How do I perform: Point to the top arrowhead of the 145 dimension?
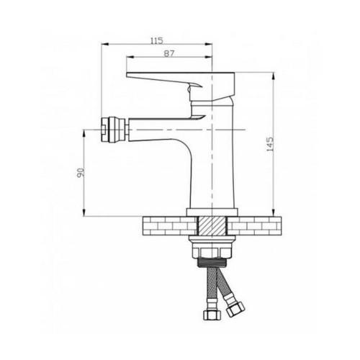coord(274,74)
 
